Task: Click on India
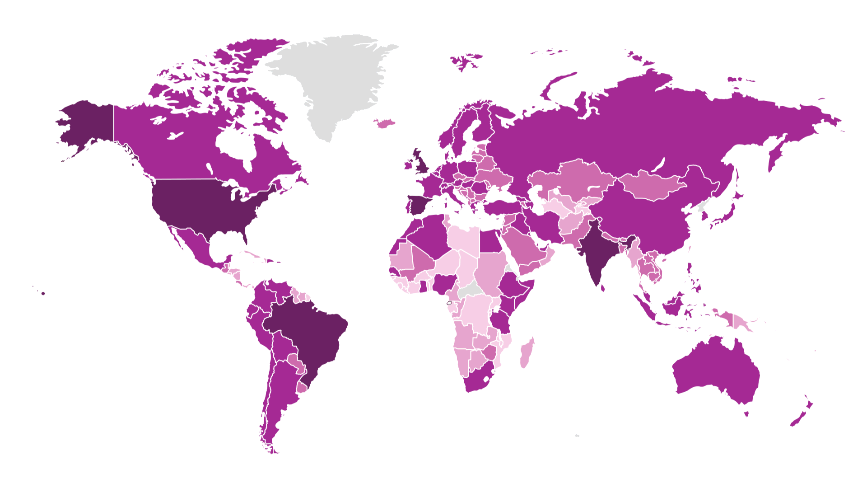596,253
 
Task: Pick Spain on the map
418,206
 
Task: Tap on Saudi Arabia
524,246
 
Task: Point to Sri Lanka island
603,288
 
